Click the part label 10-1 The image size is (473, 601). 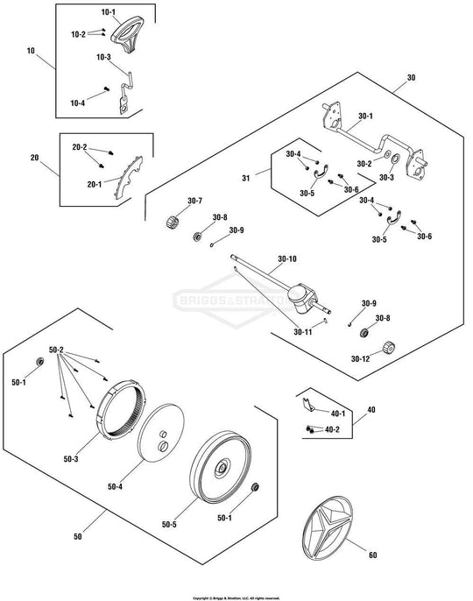point(107,13)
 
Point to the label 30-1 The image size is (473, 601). point(364,117)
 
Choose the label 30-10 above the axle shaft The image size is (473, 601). point(287,259)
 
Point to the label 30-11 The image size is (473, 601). point(303,332)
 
